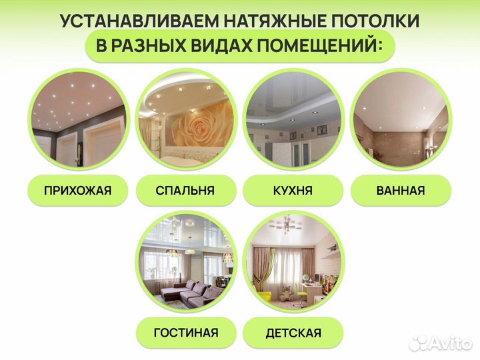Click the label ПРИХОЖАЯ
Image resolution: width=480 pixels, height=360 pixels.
coord(77,191)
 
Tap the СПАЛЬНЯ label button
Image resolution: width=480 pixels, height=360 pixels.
coord(185,191)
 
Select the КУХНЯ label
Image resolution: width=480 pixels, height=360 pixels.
coord(293,191)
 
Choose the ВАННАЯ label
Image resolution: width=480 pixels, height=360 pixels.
coord(401,191)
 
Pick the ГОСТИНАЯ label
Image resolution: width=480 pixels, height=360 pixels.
coord(185,333)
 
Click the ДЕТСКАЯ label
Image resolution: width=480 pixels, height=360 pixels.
coord(293,333)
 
